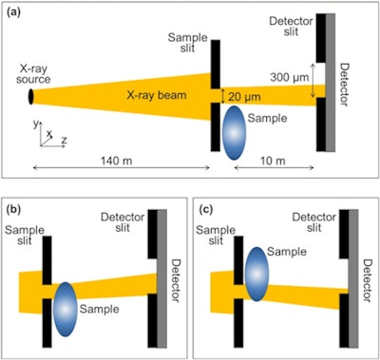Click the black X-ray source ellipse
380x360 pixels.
(32, 97)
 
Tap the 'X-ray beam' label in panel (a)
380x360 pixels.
(130, 96)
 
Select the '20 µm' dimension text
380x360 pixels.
(240, 96)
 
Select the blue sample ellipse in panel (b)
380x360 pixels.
(66, 306)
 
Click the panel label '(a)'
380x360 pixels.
(16, 12)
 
